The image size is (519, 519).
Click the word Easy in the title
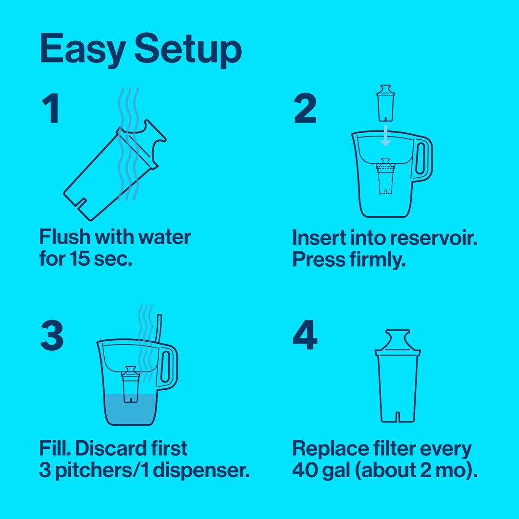(82, 49)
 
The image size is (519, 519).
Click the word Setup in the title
(187, 50)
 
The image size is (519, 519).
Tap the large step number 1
(51, 109)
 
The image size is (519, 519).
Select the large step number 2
(305, 109)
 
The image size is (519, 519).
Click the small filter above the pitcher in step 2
(385, 103)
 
